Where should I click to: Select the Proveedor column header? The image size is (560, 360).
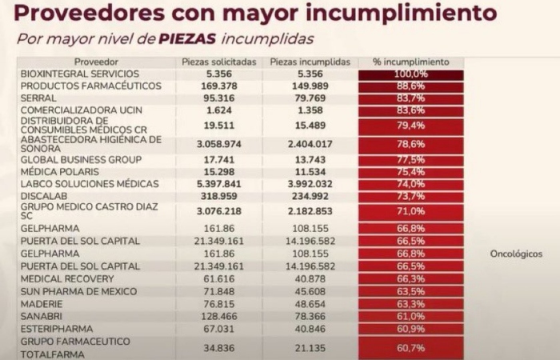(96, 62)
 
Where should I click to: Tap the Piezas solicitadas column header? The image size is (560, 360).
(219, 62)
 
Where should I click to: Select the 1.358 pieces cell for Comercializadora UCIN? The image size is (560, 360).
(307, 110)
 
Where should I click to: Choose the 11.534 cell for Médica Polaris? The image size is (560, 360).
(307, 172)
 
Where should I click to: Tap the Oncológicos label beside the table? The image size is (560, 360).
(516, 254)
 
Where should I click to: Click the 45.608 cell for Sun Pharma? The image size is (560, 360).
(307, 290)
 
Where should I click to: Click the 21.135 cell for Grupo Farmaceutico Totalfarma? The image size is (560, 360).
(307, 347)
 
